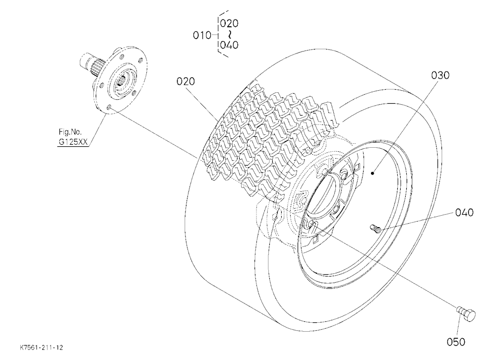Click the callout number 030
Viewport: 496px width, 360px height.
coord(440,75)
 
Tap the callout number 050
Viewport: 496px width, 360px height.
coord(456,342)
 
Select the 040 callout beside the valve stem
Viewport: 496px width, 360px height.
coord(464,212)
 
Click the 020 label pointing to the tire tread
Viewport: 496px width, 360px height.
coord(186,82)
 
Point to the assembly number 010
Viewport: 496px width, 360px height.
coord(202,35)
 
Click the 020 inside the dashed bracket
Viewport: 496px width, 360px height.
coord(229,23)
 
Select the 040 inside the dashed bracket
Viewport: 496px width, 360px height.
coord(229,45)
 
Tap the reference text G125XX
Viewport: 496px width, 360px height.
coord(73,142)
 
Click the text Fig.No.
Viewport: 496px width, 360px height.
coord(70,132)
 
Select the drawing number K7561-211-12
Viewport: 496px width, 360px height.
coord(42,348)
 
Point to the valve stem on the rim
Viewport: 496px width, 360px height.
coord(375,228)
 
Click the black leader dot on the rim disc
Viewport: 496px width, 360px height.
coord(373,173)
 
